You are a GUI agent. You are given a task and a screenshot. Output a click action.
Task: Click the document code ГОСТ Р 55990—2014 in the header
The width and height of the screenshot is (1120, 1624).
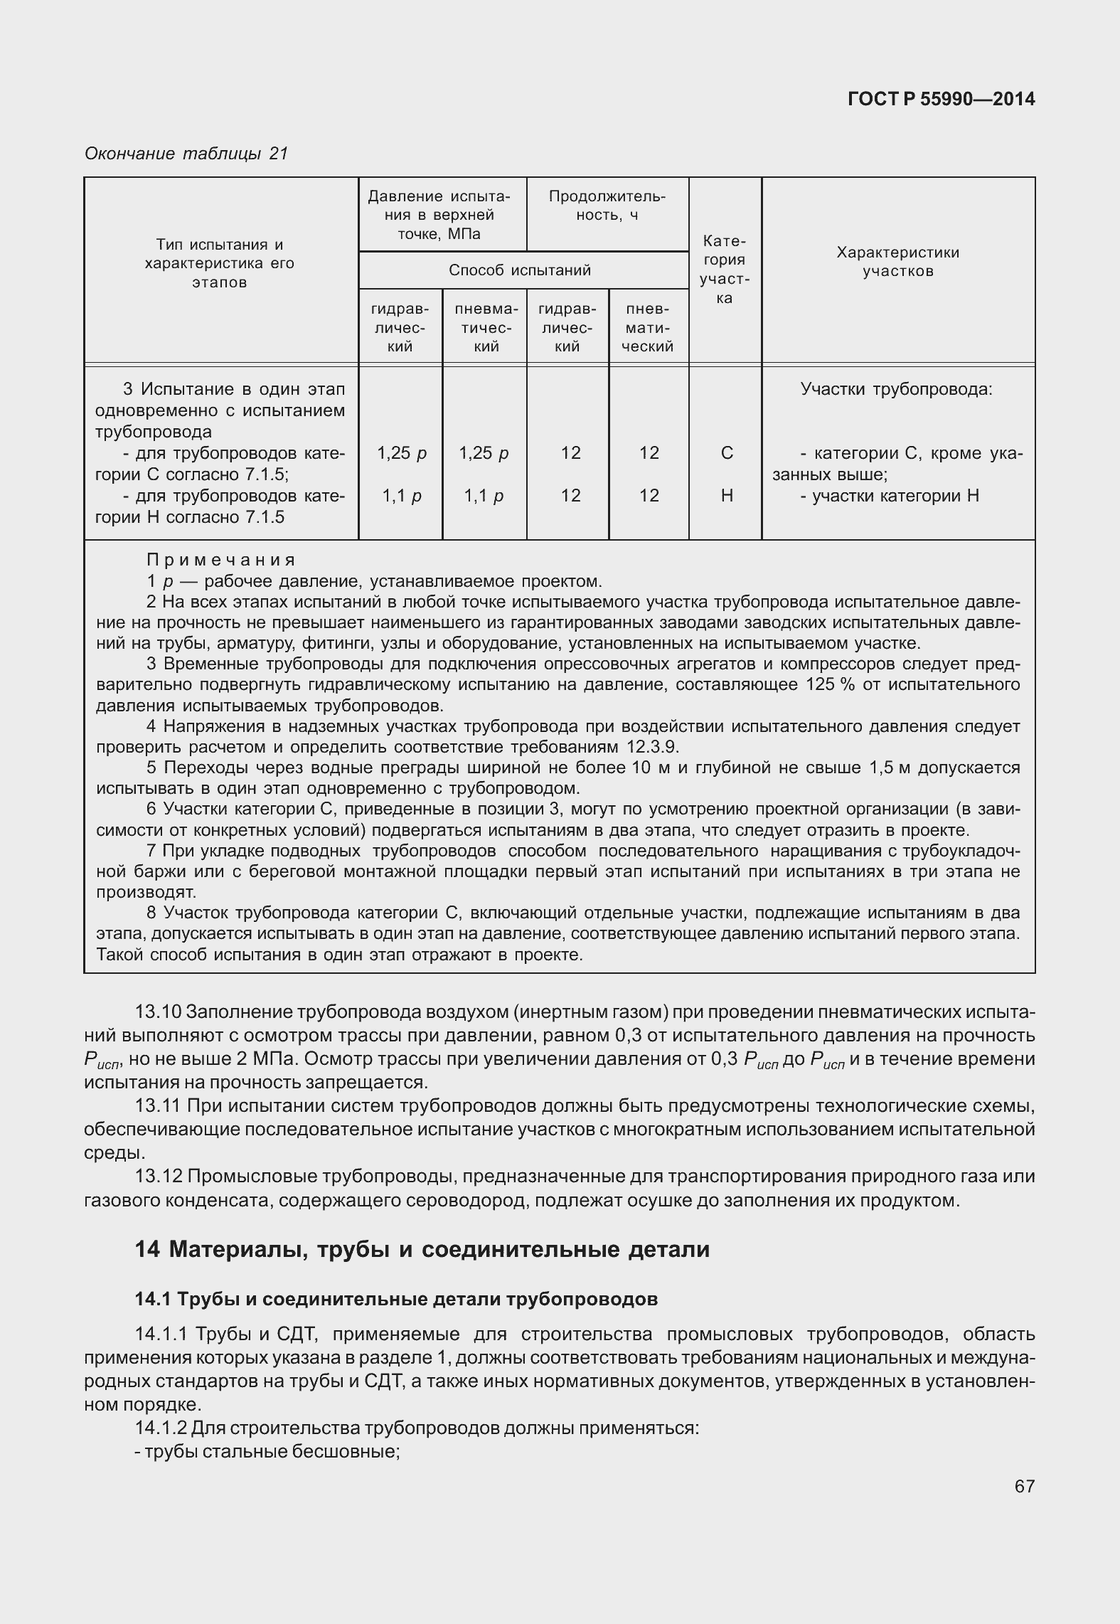pos(941,99)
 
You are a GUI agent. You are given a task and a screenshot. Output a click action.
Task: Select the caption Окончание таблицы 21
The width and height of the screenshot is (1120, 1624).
pos(186,153)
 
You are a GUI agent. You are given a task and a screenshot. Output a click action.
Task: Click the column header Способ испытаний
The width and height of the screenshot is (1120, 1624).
pos(520,270)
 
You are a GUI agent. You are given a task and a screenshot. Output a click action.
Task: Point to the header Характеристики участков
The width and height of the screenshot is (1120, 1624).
pos(897,262)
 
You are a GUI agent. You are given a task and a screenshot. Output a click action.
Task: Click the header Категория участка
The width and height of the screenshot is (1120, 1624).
pos(724,270)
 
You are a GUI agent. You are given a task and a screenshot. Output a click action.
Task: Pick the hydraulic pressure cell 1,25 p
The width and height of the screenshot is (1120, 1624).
pos(401,453)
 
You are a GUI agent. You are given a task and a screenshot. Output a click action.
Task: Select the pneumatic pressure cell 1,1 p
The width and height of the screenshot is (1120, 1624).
pos(484,496)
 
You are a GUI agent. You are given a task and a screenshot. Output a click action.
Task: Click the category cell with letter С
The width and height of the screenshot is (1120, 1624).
pos(726,453)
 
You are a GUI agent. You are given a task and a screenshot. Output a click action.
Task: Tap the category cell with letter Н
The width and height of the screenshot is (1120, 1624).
pos(726,496)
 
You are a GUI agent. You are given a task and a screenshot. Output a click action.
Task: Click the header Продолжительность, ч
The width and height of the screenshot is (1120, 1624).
pos(607,206)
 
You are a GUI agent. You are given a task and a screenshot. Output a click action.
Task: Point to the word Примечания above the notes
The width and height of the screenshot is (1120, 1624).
pos(220,560)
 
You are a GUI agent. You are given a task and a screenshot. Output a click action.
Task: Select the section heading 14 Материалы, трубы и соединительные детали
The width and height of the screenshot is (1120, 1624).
pos(422,1250)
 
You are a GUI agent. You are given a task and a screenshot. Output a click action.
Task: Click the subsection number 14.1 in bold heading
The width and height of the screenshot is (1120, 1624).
pos(152,1299)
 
